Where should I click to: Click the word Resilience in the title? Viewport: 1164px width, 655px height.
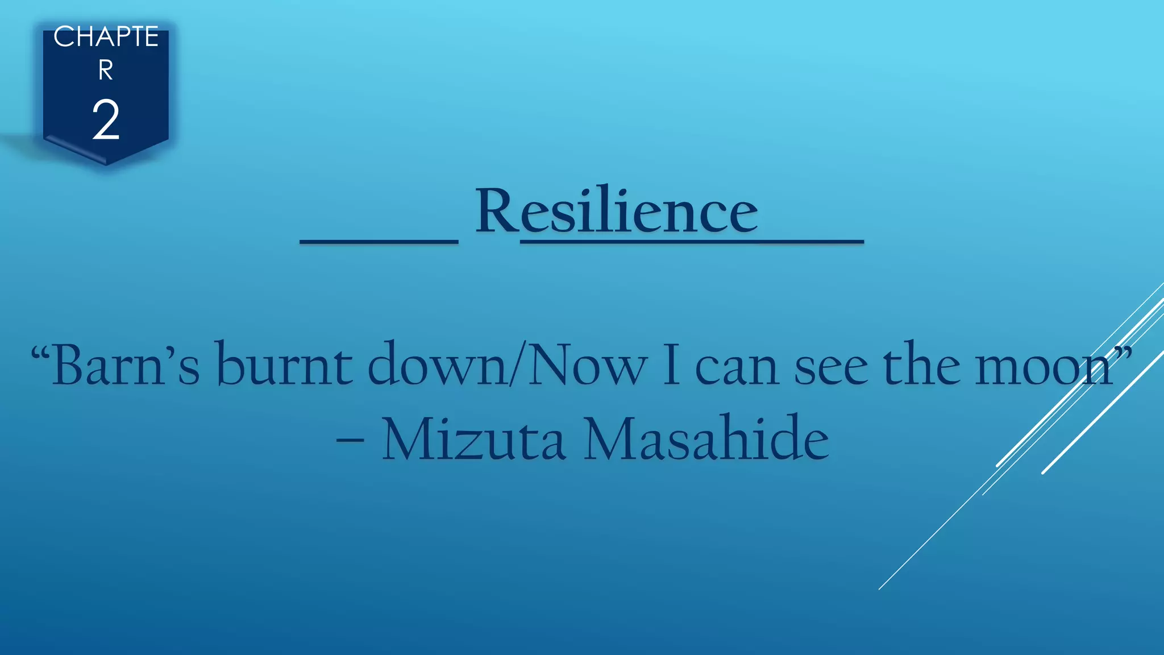pyautogui.click(x=616, y=212)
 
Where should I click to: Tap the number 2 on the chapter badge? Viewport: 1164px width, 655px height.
pyautogui.click(x=106, y=119)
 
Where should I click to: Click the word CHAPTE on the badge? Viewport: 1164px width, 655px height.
pyautogui.click(x=106, y=38)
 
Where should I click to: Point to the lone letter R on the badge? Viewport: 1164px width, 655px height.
pyautogui.click(x=106, y=71)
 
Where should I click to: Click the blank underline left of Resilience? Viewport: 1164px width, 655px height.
pyautogui.click(x=379, y=242)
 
